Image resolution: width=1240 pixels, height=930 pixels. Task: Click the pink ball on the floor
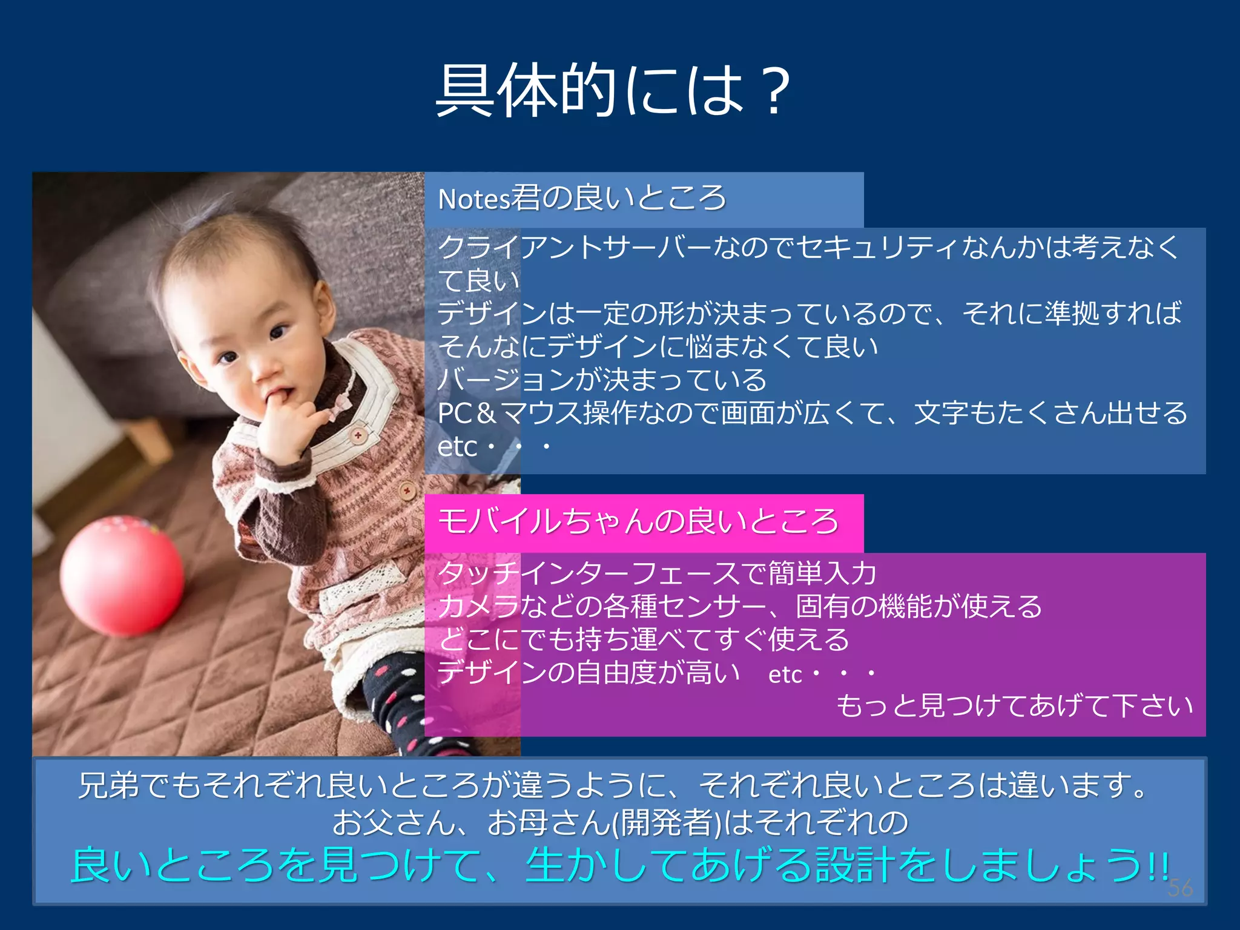(122, 575)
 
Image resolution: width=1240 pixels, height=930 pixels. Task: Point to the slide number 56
(1180, 888)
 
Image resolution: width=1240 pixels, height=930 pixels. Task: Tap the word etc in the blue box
(457, 447)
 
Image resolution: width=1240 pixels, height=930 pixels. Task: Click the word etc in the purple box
(785, 674)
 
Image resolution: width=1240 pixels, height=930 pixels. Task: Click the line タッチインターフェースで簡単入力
(656, 573)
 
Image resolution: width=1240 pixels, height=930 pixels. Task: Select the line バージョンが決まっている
(602, 380)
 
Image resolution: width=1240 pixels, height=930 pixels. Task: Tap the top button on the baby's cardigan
(358, 435)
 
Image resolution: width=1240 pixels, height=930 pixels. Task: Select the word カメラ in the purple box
(478, 607)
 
